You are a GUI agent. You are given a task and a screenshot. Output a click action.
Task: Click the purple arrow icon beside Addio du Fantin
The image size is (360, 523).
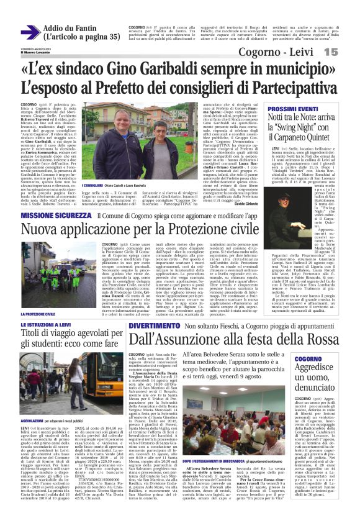click(30, 32)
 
